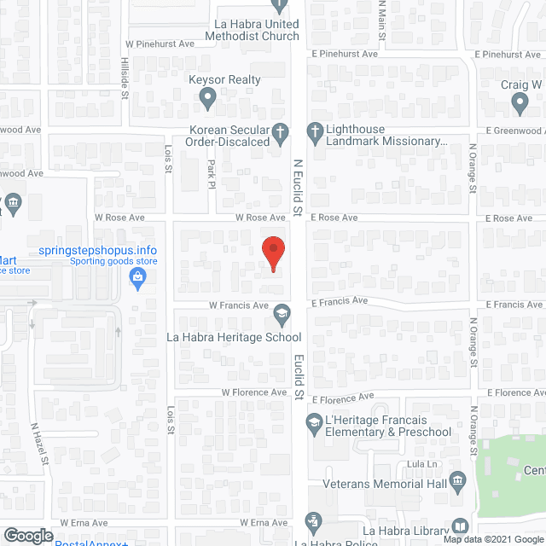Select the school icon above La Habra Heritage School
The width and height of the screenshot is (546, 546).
click(x=281, y=315)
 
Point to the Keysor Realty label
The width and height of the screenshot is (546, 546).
click(x=224, y=80)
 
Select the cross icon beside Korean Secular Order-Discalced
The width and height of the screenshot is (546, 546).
click(x=286, y=131)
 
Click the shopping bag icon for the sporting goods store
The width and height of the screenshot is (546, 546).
click(x=137, y=278)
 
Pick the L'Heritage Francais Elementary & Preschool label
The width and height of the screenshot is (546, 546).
click(x=381, y=426)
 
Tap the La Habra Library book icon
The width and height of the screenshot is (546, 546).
click(x=460, y=526)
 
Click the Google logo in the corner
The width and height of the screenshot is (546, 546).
click(x=27, y=535)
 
